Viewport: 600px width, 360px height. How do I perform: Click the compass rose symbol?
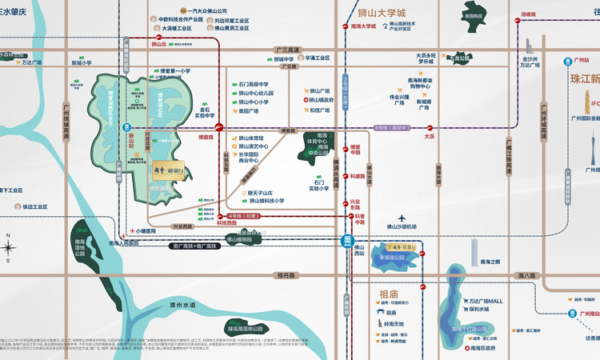pos(9,247)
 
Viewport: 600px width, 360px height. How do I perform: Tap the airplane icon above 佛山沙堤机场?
pos(402,218)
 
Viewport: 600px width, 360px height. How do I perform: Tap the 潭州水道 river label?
pos(182,306)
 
